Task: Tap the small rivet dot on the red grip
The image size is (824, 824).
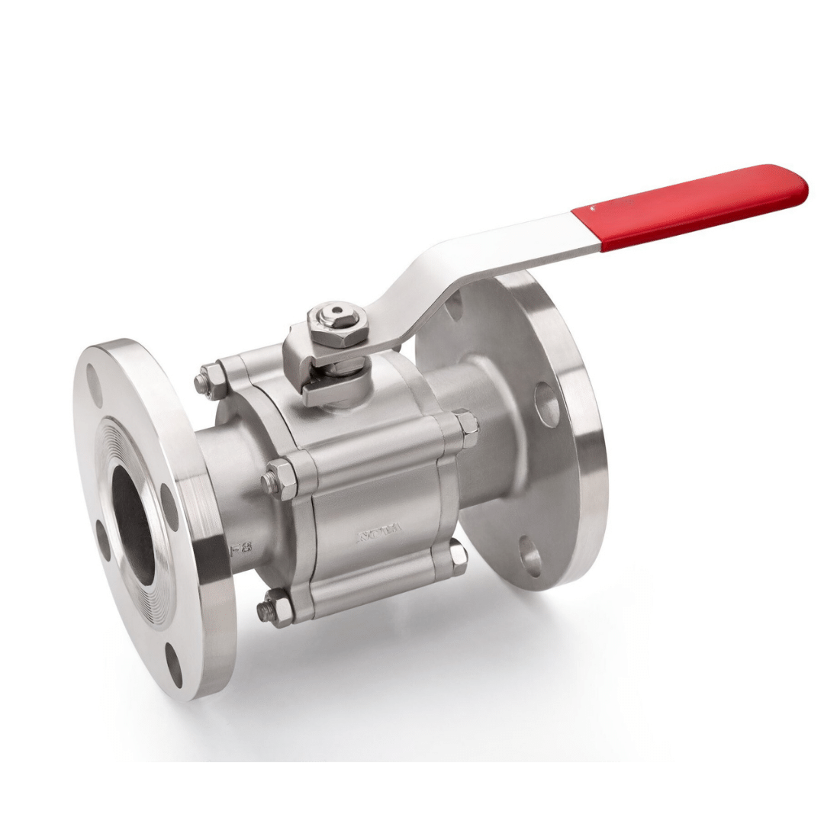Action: (595, 207)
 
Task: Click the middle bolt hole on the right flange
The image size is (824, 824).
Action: (547, 404)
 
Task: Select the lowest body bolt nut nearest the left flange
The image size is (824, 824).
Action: (274, 608)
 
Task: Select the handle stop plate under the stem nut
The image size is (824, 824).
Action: (313, 381)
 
